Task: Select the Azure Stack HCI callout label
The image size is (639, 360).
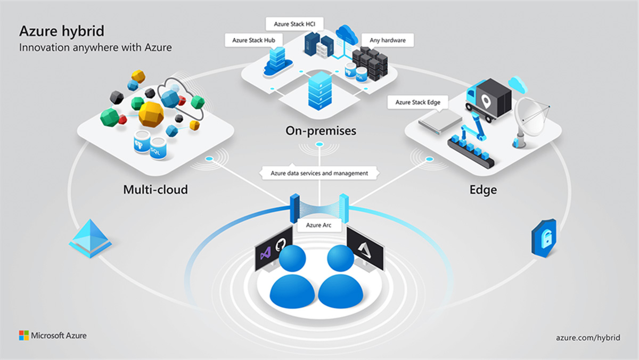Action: tap(294, 24)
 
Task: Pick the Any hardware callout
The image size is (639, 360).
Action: tap(387, 40)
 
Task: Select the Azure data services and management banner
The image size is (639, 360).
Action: tap(319, 173)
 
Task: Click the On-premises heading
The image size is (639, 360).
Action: tap(321, 130)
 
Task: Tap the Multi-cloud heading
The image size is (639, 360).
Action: tap(155, 189)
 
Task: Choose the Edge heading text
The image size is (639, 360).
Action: tap(483, 190)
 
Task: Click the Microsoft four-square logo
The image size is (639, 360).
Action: tap(24, 336)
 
